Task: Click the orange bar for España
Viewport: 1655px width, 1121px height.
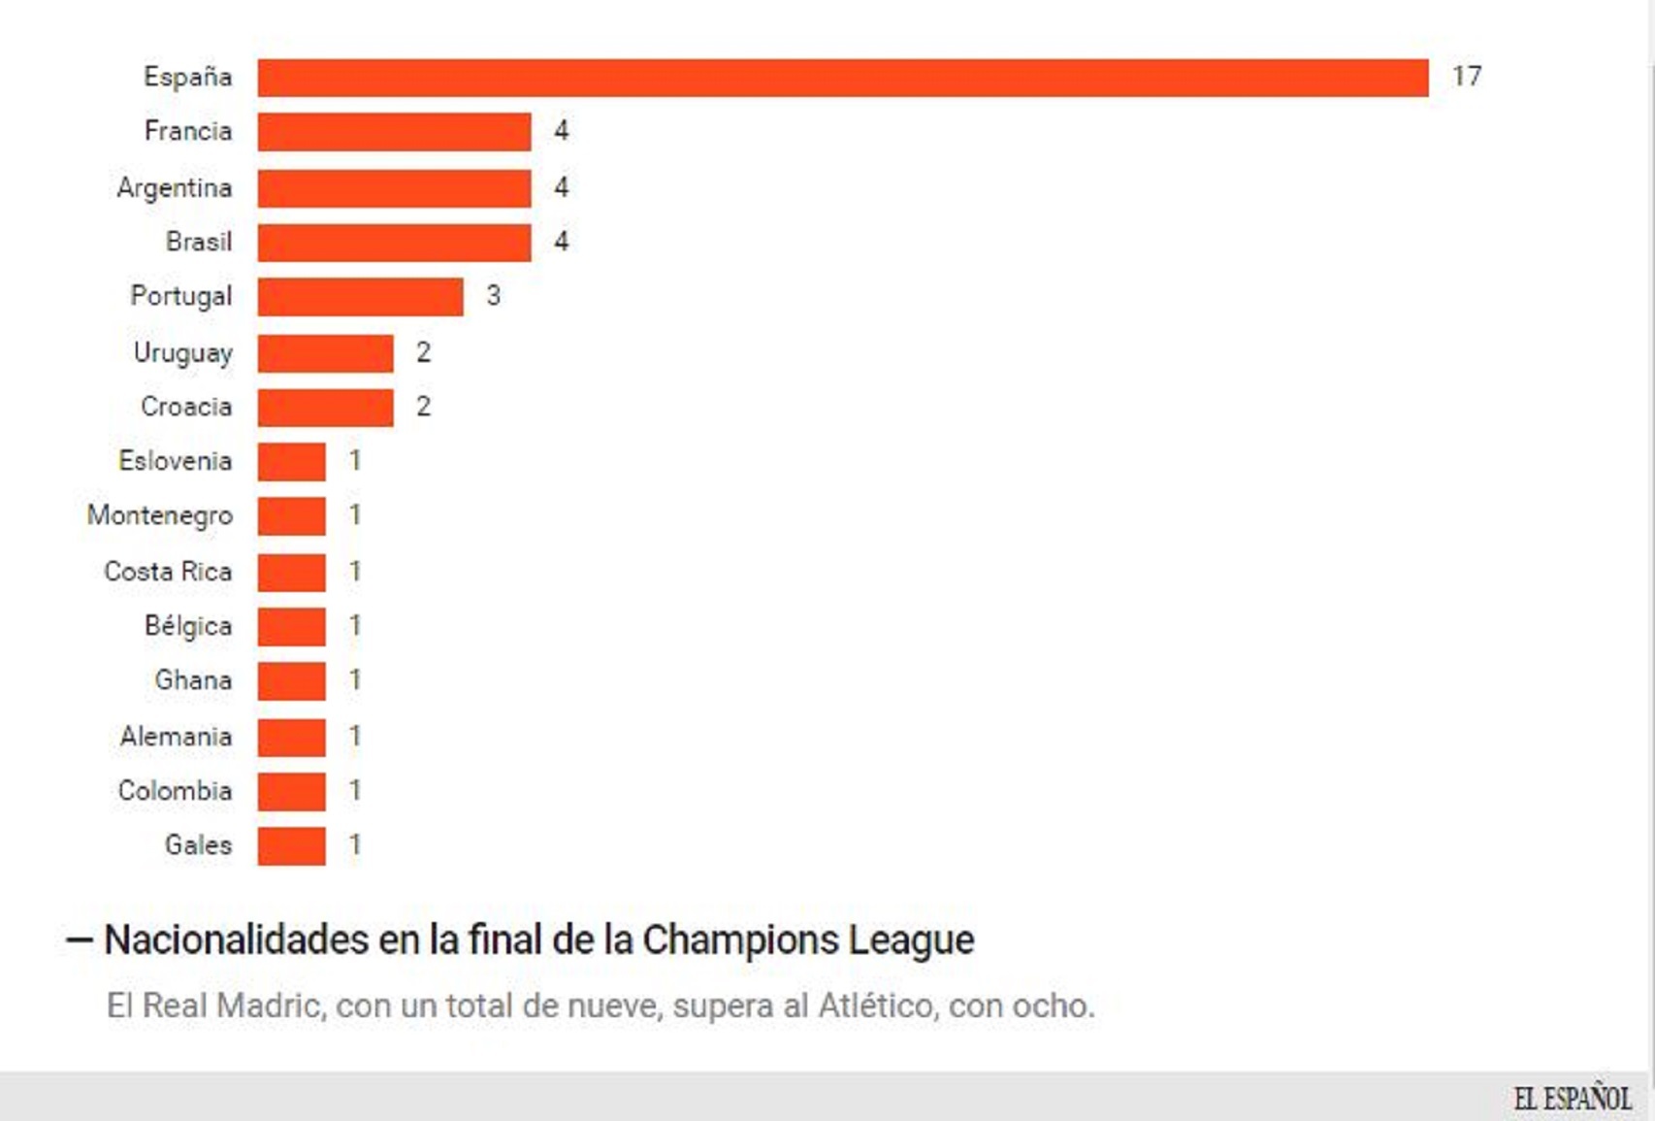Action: pyautogui.click(x=842, y=78)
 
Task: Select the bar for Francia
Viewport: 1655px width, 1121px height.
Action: pyautogui.click(x=394, y=132)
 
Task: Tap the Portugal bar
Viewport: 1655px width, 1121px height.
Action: pyautogui.click(x=360, y=297)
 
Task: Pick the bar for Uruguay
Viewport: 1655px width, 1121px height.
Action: pyautogui.click(x=325, y=353)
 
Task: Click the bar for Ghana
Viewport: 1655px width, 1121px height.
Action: pyautogui.click(x=291, y=681)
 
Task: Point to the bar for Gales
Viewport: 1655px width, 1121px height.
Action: pyautogui.click(x=291, y=846)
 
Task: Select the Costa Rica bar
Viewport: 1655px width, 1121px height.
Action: pyautogui.click(x=291, y=573)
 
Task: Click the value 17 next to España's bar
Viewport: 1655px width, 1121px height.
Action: pyautogui.click(x=1466, y=77)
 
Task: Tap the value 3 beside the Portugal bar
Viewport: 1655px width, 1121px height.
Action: pyautogui.click(x=493, y=296)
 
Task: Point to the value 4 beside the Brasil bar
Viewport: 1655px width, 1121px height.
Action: pyautogui.click(x=561, y=242)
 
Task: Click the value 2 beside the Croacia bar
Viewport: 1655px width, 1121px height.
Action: pyautogui.click(x=423, y=407)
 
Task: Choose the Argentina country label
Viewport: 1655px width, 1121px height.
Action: pyautogui.click(x=175, y=187)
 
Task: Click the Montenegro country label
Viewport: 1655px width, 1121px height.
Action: pyautogui.click(x=160, y=515)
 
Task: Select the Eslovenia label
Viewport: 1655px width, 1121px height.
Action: pyautogui.click(x=176, y=461)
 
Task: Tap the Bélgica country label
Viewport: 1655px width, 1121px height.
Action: pyautogui.click(x=188, y=626)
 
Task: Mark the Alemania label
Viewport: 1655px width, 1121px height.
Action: pyautogui.click(x=177, y=737)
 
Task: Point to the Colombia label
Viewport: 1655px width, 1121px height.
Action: pyautogui.click(x=176, y=791)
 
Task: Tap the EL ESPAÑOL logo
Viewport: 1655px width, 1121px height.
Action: pyautogui.click(x=1572, y=1099)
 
